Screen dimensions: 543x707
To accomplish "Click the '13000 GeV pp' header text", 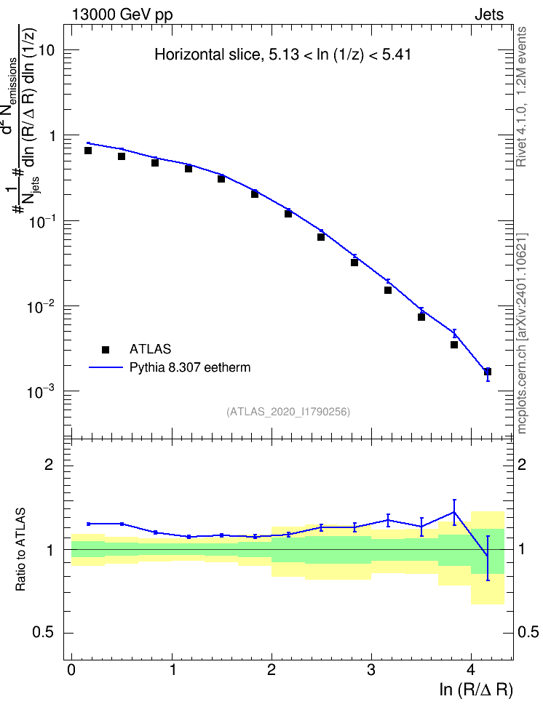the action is (x=122, y=15).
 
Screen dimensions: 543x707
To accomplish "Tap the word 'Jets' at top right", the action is (x=489, y=15).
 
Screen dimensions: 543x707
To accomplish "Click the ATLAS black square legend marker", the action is (x=106, y=349).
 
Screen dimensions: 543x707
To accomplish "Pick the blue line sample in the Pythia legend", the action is (x=106, y=367).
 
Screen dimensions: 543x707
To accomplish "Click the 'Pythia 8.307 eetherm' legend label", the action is (x=189, y=367).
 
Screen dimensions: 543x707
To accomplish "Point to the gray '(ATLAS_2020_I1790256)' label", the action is (x=288, y=412).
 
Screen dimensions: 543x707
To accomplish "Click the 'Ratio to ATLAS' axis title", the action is (x=20, y=550).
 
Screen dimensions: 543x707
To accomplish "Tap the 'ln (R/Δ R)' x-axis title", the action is (x=476, y=690).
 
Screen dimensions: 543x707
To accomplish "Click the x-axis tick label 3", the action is (x=371, y=670).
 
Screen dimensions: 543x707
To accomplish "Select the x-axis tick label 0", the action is (x=71, y=670).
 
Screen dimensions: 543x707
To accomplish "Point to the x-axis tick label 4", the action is (x=471, y=670).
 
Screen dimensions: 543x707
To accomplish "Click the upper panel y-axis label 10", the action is (x=46, y=50).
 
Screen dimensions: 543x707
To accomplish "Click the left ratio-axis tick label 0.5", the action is (x=43, y=633).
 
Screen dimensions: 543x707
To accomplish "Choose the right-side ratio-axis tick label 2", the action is (x=522, y=464).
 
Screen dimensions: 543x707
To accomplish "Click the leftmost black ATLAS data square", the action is (x=88, y=150).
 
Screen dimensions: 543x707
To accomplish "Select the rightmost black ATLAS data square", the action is (x=488, y=372).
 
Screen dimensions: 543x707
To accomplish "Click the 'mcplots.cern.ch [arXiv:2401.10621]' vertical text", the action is (x=522, y=334).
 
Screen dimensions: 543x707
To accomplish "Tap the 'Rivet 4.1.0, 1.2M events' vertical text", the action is (x=521, y=97).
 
